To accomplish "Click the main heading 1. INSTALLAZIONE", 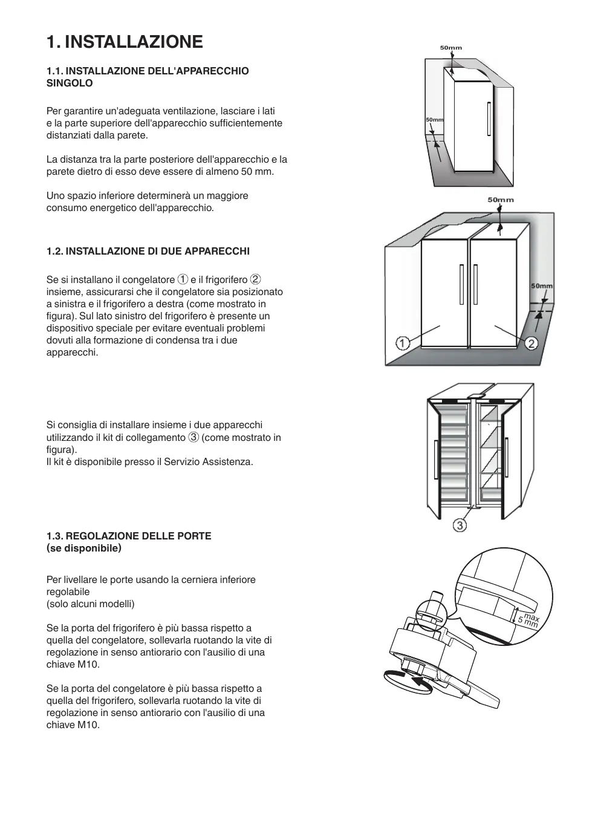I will point(125,42).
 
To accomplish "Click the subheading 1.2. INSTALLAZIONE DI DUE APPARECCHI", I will point(148,251).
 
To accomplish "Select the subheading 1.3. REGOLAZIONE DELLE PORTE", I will point(129,536).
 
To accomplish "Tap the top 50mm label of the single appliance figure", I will point(450,48).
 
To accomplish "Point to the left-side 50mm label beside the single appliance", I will point(434,120).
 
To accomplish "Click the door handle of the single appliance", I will point(489,120).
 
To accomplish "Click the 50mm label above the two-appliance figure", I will point(500,200).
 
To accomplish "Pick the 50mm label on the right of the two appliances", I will point(542,286).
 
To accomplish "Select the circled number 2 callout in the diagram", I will point(532,343).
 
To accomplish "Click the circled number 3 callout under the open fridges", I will point(460,526).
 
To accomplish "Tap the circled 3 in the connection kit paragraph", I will point(193,437).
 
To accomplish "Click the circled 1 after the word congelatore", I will point(183,279).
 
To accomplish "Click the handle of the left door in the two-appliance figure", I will point(461,284).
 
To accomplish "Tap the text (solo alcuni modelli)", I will point(91,604).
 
